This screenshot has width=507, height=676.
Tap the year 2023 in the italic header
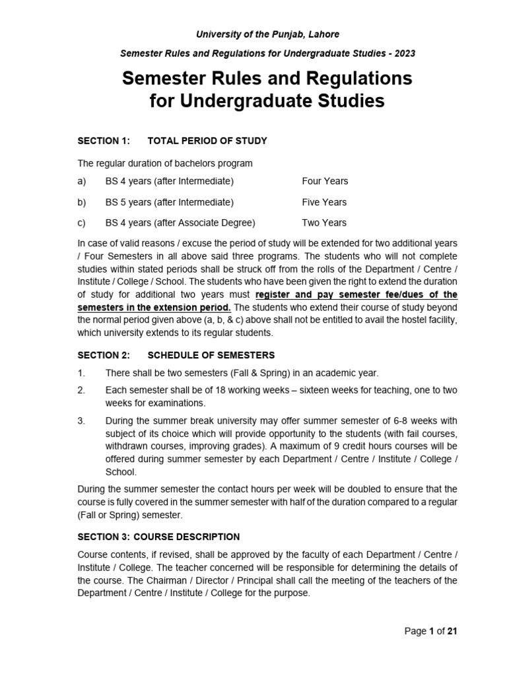point(404,53)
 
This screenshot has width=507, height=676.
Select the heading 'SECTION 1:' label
point(104,141)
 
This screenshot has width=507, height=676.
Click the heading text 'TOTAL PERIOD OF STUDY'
point(207,141)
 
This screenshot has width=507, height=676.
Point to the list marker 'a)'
point(82,181)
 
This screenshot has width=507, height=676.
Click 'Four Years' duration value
point(325,181)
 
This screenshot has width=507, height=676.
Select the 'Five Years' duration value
point(324,202)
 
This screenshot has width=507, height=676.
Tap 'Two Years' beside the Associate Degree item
point(324,222)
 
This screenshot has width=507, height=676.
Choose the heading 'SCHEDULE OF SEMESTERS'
point(211,355)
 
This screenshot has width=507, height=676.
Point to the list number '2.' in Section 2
point(81,391)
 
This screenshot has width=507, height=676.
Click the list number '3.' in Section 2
point(81,421)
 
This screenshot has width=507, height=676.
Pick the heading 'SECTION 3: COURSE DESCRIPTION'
point(158,537)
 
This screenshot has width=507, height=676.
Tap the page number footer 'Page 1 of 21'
point(430,631)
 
